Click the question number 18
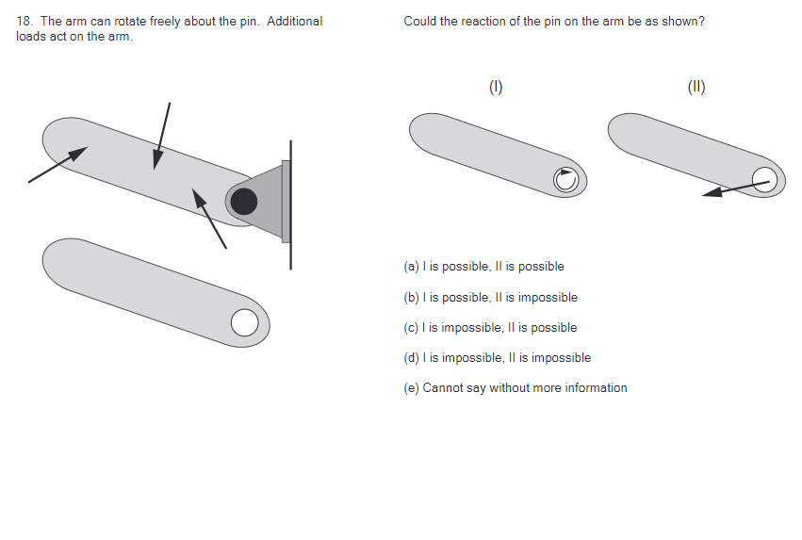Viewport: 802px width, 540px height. click(24, 22)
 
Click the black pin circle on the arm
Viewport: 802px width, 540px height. click(244, 201)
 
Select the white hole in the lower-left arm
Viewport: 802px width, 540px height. click(244, 322)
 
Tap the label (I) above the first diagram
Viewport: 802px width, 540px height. click(496, 88)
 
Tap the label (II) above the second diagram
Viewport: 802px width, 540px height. click(696, 88)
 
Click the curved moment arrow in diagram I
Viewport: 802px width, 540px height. click(565, 179)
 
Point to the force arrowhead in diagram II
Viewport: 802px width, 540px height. click(713, 192)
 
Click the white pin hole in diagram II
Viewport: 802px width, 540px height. click(764, 179)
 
